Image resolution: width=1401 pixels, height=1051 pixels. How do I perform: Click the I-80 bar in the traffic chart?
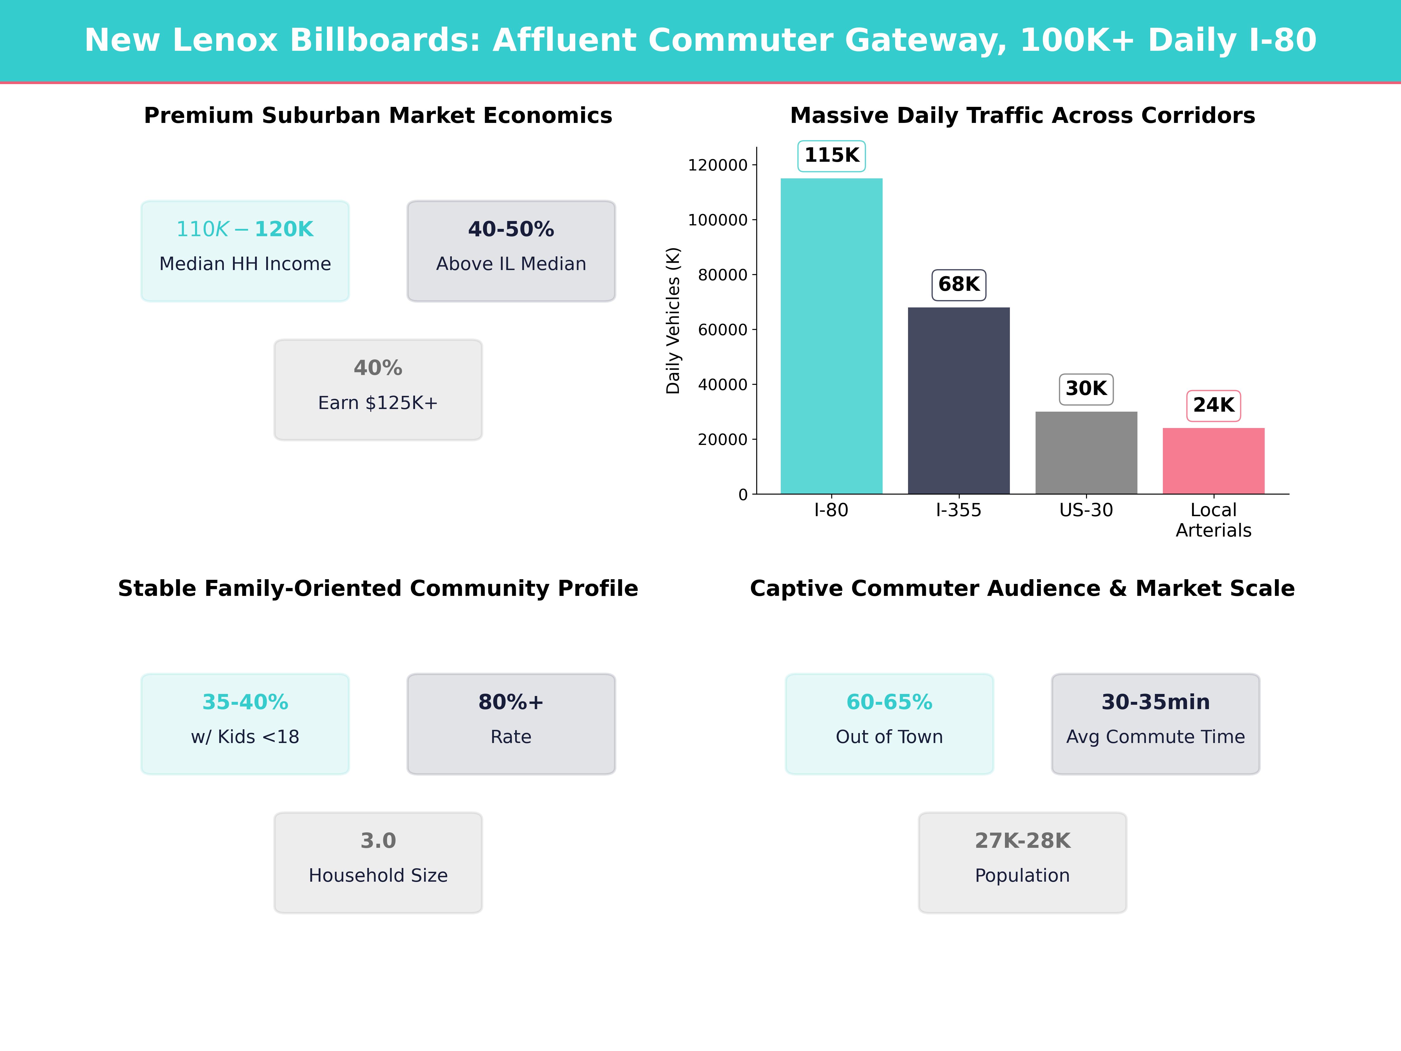click(831, 336)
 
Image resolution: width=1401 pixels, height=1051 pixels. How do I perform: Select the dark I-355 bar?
click(958, 400)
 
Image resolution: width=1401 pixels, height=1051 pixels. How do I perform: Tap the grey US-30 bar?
click(1086, 452)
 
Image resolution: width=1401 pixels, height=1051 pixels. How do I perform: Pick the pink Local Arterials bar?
click(1214, 461)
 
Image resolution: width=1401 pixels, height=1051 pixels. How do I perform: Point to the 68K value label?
click(958, 284)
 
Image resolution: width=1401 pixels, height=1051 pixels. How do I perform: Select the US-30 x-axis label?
click(1086, 510)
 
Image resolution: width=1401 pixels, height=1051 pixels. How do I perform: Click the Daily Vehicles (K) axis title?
click(673, 321)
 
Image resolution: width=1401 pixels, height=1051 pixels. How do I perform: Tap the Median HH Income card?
click(245, 251)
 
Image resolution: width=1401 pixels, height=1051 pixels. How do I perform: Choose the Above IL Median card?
click(511, 251)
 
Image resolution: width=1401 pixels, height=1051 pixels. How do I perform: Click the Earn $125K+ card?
click(378, 390)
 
